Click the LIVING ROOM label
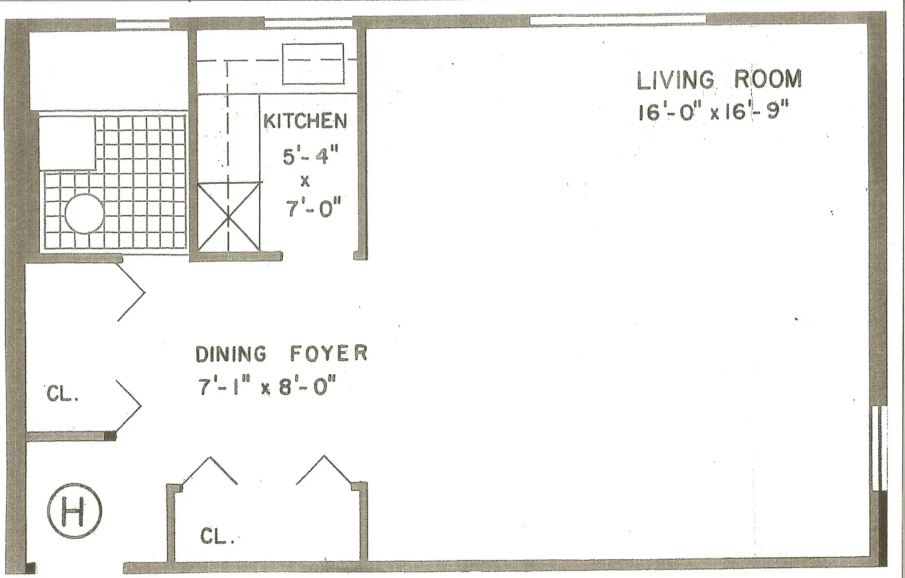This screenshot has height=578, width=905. [x=719, y=80]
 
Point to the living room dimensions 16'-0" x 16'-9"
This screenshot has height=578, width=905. [x=713, y=112]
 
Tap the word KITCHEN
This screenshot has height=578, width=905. [x=305, y=121]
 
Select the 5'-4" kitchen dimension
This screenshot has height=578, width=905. [x=310, y=156]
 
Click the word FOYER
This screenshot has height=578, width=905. [x=328, y=354]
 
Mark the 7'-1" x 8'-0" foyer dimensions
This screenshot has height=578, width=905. [x=267, y=387]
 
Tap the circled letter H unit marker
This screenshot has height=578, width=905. [x=74, y=511]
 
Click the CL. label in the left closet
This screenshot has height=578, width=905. [x=62, y=395]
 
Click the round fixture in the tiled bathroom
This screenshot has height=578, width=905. [x=84, y=214]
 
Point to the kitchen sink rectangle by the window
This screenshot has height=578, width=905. [x=313, y=64]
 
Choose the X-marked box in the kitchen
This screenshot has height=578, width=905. [x=229, y=217]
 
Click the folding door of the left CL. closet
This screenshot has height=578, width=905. [x=129, y=406]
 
